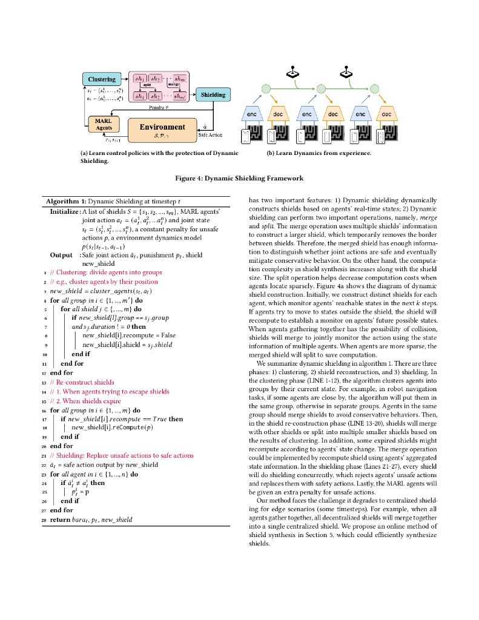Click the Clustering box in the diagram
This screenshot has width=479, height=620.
point(102,79)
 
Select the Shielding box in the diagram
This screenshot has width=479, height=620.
point(213,94)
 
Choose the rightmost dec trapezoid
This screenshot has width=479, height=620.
point(386,114)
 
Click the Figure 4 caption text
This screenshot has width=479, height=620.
point(239,179)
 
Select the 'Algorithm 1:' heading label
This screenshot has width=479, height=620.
point(66,201)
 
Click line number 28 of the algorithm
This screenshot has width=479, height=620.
point(44,519)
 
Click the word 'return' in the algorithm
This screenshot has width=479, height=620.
point(59,519)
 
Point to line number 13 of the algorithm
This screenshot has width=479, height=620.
point(44,382)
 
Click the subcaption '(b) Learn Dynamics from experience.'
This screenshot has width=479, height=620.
point(319,153)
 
